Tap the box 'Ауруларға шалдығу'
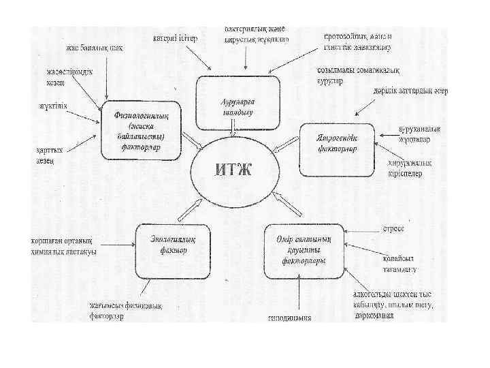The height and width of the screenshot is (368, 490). pyautogui.click(x=238, y=102)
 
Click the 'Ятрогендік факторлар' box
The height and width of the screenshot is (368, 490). pyautogui.click(x=338, y=149)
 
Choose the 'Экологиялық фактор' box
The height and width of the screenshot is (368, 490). pyautogui.click(x=169, y=245)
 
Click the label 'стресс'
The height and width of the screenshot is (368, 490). pyautogui.click(x=393, y=228)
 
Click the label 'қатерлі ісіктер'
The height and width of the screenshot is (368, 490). pyautogui.click(x=176, y=38)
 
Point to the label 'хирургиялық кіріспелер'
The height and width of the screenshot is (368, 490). pyautogui.click(x=405, y=168)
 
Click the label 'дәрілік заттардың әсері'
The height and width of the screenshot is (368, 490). pyautogui.click(x=410, y=91)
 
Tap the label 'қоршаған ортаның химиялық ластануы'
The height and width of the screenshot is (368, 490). pyautogui.click(x=63, y=246)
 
